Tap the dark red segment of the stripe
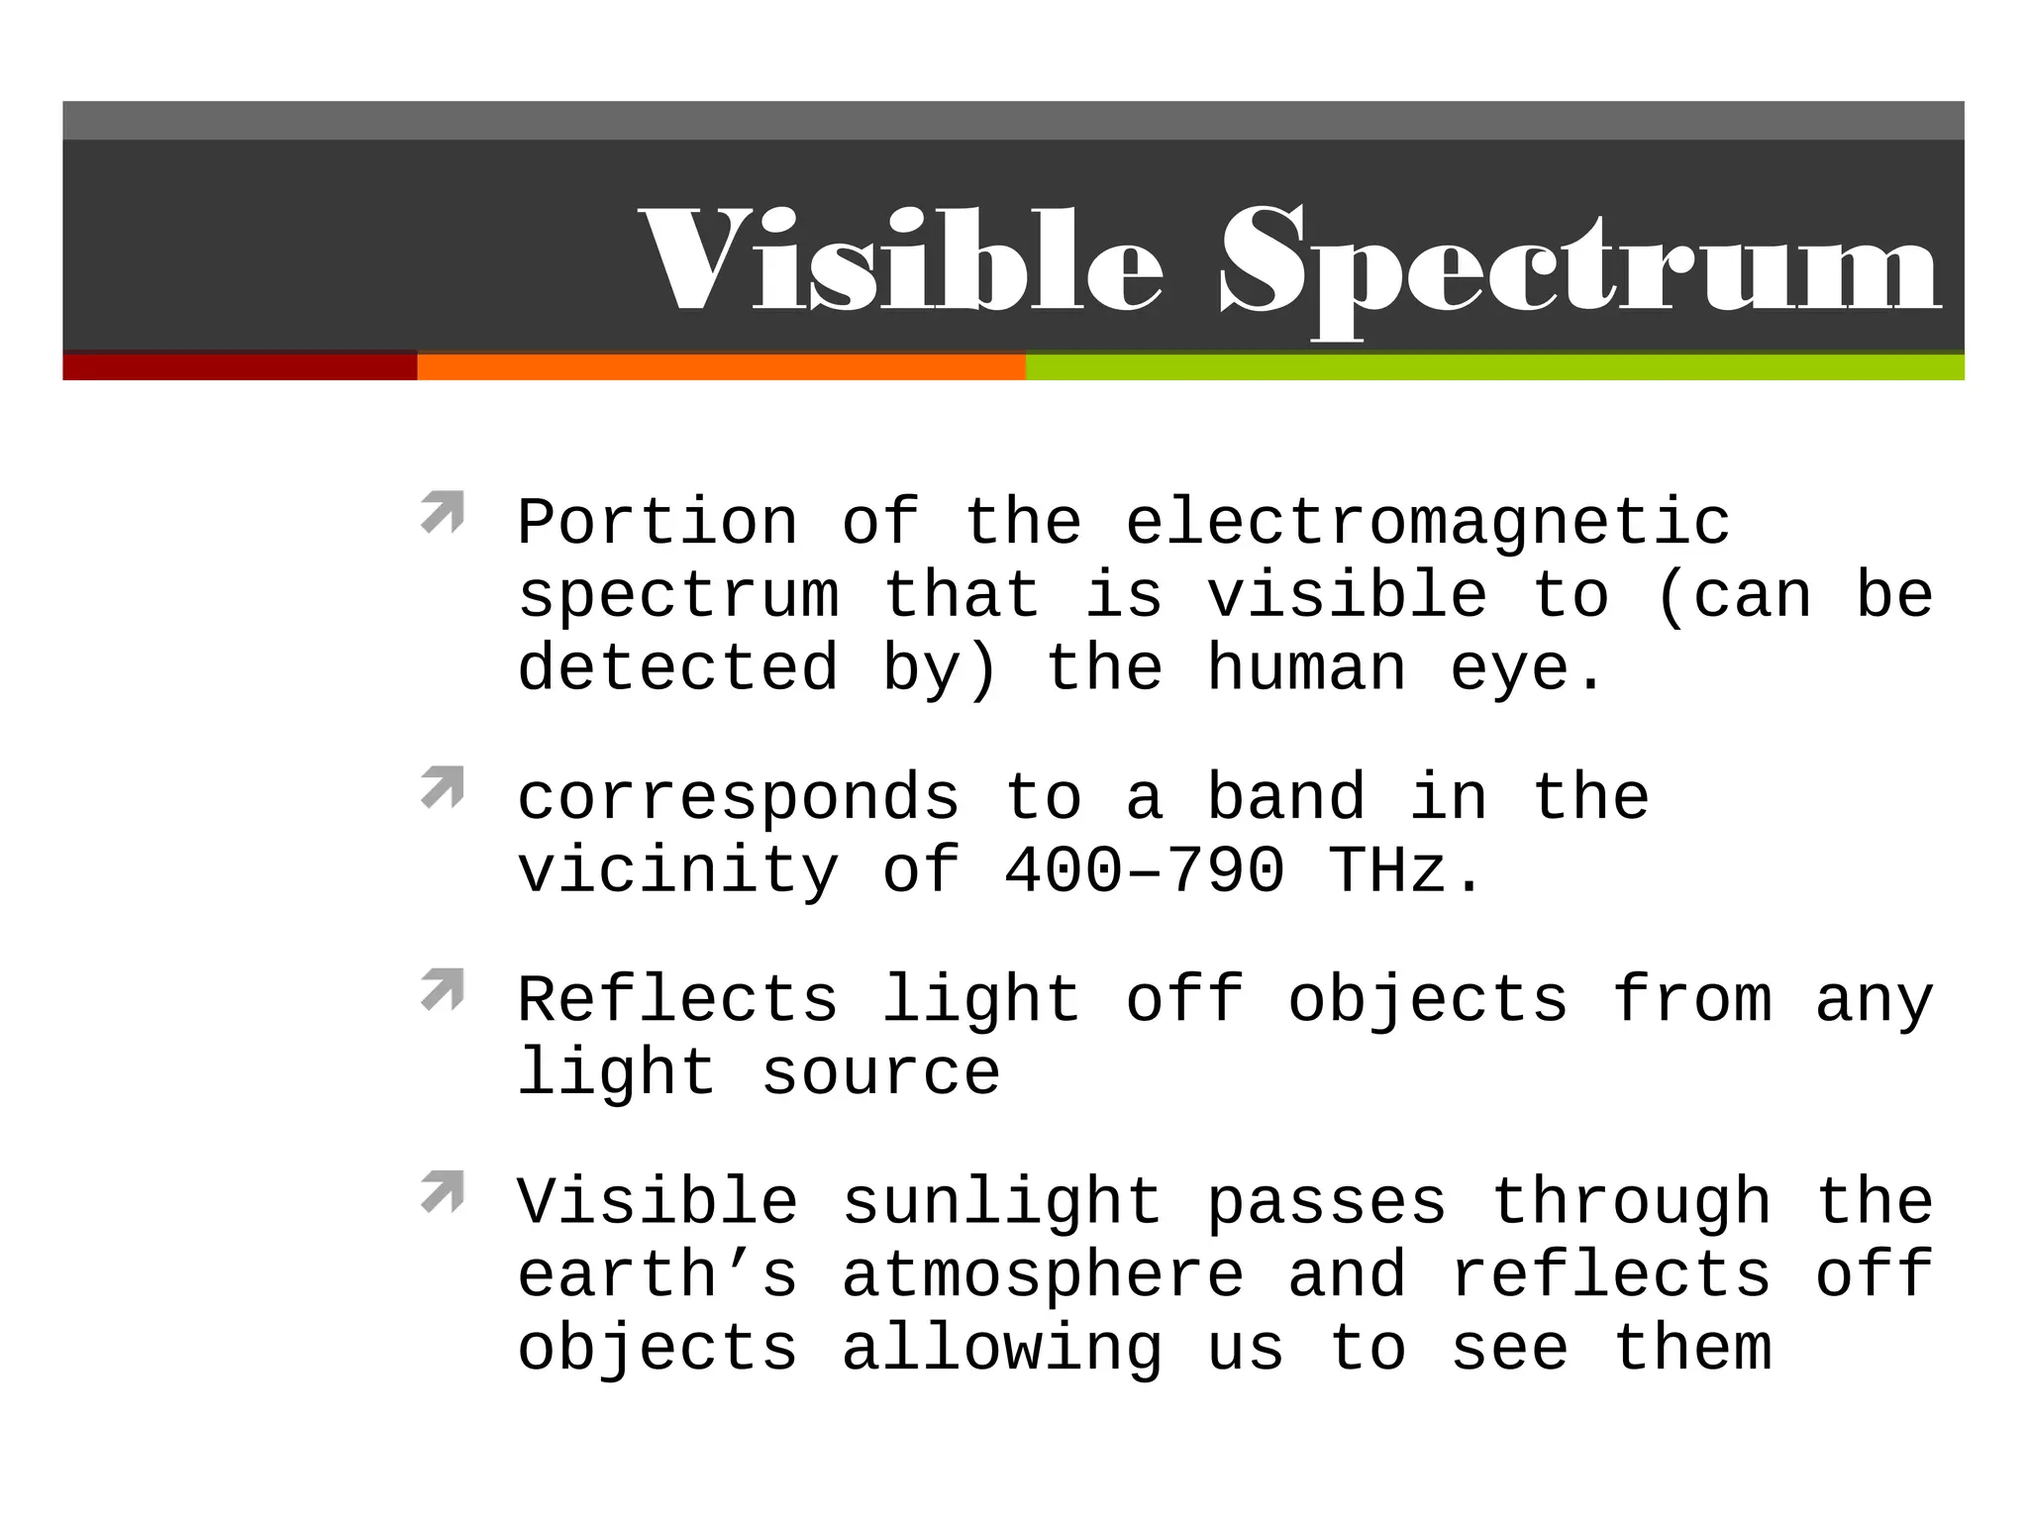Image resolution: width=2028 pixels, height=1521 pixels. tap(240, 366)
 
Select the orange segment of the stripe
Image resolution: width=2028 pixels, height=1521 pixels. tap(721, 366)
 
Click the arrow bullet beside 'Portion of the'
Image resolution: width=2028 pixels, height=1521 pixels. tap(442, 512)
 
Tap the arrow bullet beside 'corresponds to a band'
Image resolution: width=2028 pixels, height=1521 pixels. tap(442, 787)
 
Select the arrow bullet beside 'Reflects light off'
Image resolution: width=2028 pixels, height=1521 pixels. tap(442, 989)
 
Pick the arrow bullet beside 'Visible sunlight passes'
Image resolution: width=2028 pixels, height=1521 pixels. tap(442, 1191)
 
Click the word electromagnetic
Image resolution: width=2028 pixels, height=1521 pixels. tap(1428, 522)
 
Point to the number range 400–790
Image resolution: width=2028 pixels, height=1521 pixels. tap(1144, 870)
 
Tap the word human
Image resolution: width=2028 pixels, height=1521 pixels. tap(1306, 668)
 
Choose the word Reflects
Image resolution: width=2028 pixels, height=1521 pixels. tap(678, 999)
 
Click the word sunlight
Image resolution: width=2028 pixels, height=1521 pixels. tap(1002, 1203)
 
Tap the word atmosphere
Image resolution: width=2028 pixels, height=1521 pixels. tap(1043, 1274)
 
